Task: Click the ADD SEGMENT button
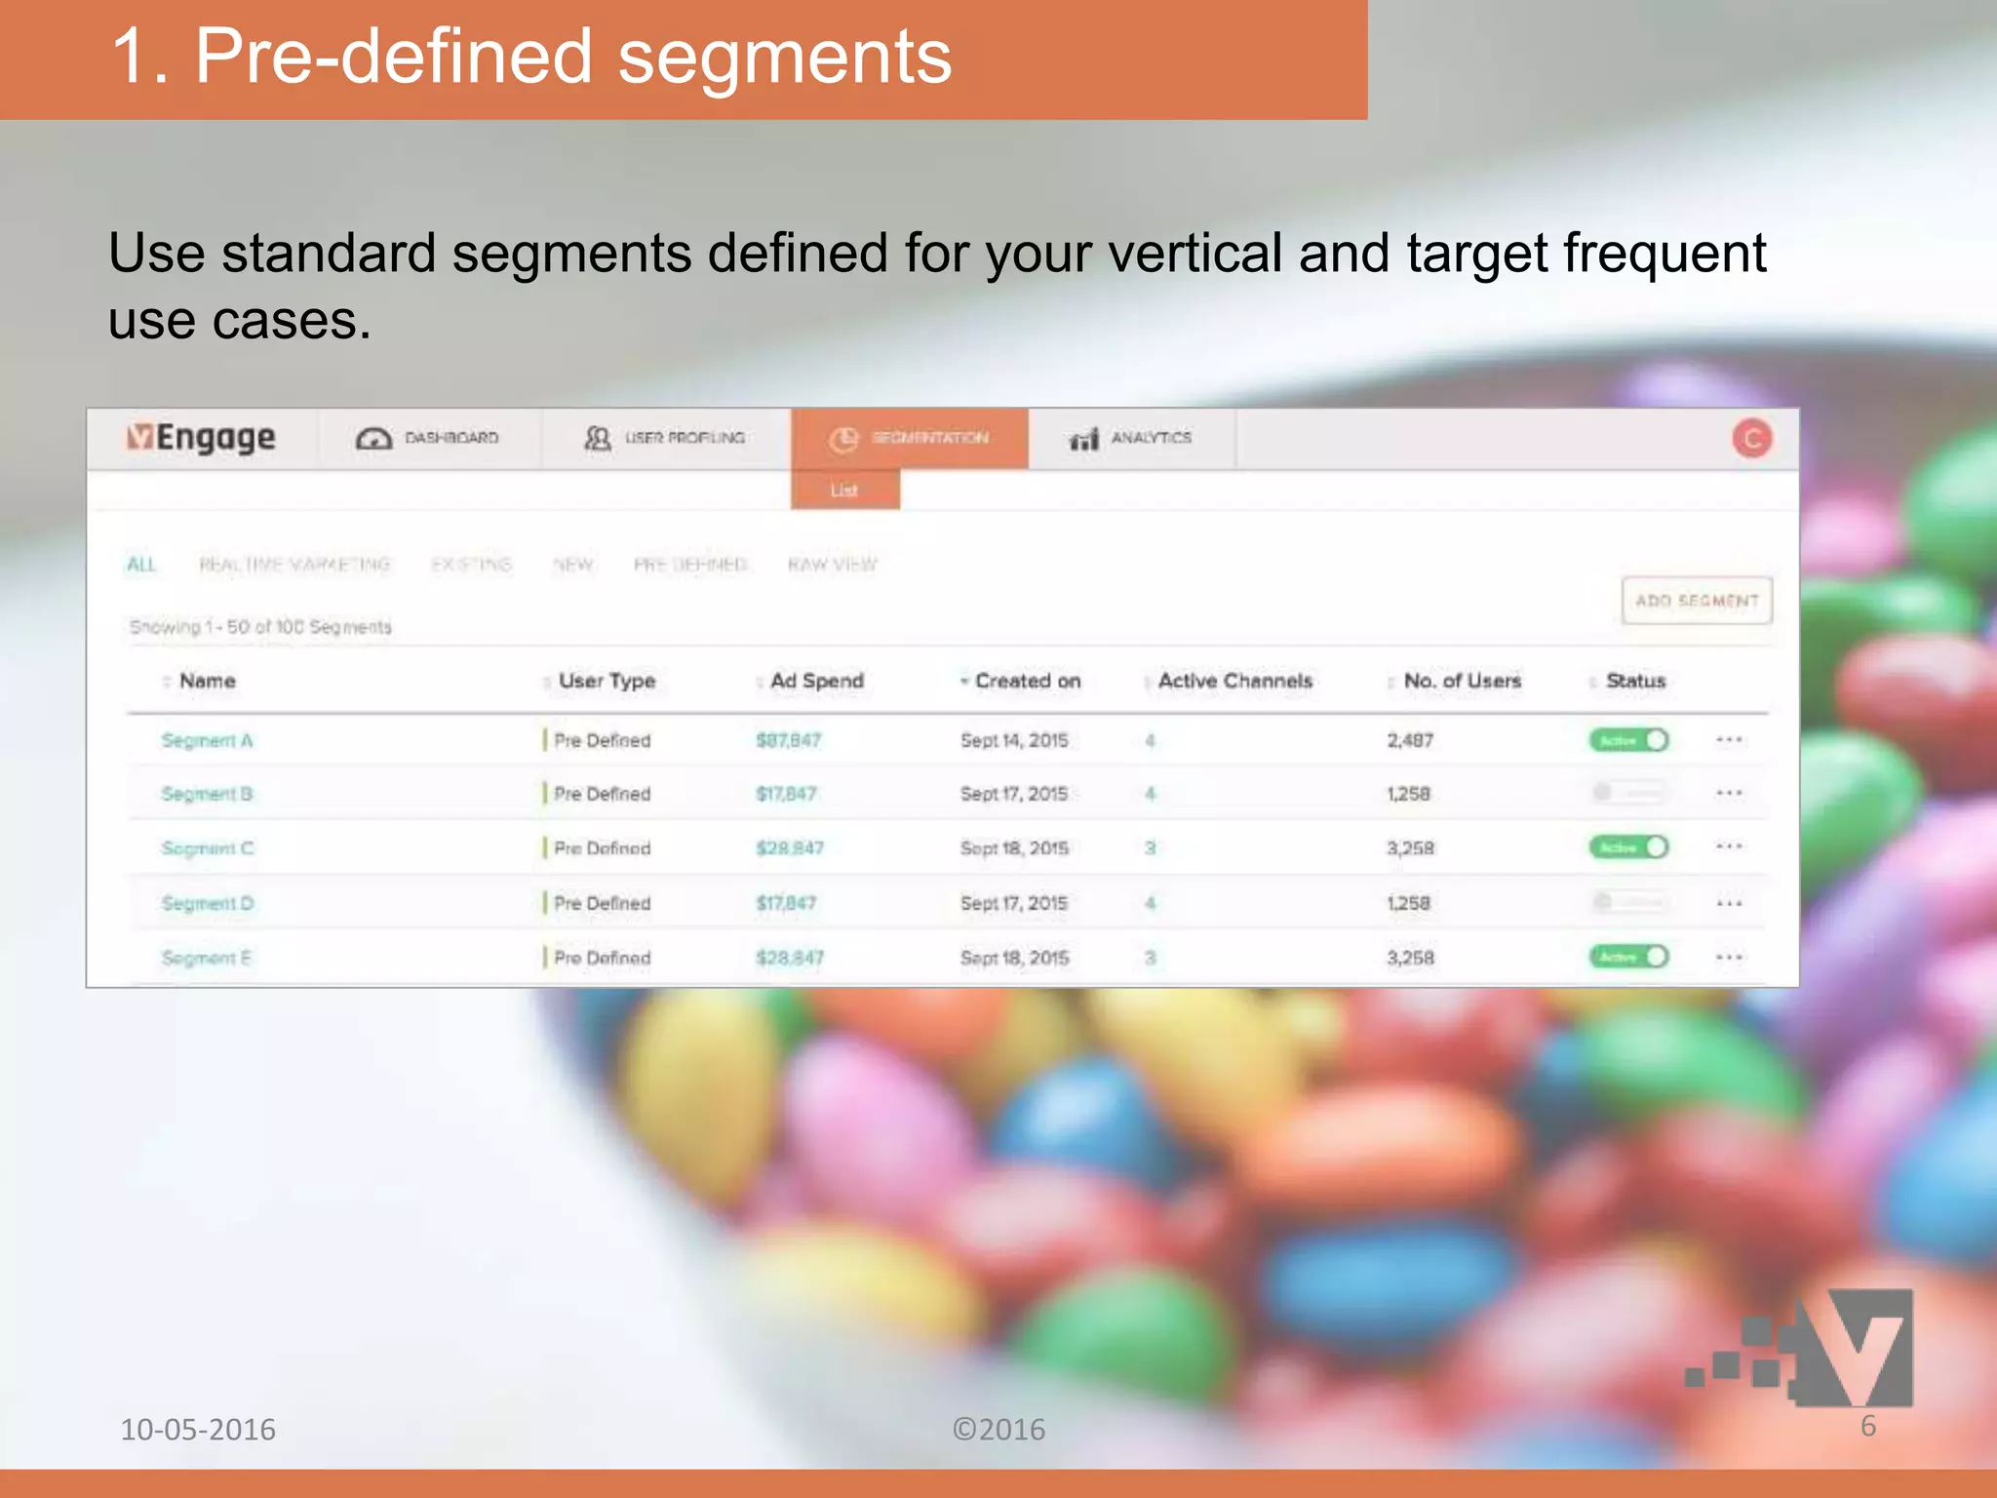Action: pos(1697,601)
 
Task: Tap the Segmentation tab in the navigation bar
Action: pos(909,439)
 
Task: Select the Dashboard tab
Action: pos(428,439)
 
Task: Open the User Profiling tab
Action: pos(665,439)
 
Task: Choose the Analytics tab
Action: pos(1131,439)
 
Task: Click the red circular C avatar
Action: pos(1751,439)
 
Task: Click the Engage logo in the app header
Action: pos(202,439)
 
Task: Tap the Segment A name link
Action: pos(207,740)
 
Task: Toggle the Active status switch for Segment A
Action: pos(1628,740)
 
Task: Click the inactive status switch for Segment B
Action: pos(1628,793)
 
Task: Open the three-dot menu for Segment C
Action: pos(1729,847)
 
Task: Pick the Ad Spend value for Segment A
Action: pos(788,740)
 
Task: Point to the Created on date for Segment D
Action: pos(1013,903)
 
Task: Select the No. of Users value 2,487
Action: pos(1410,740)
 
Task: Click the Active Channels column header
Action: pos(1234,681)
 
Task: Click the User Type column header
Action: pos(607,681)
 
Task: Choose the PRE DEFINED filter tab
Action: pos(689,565)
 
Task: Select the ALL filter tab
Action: pos(141,565)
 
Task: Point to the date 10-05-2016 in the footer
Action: pos(198,1430)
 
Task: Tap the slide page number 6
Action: pos(1867,1426)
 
